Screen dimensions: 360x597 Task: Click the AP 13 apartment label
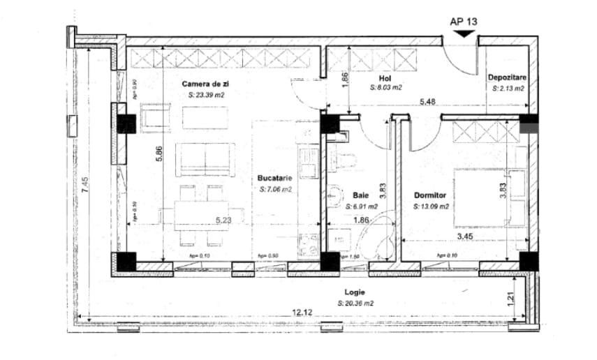click(x=464, y=21)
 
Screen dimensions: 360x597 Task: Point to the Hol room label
click(x=384, y=79)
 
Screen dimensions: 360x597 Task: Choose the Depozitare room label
click(x=507, y=79)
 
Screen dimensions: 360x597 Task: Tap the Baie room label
click(x=360, y=196)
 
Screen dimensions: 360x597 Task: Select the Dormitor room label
click(x=429, y=196)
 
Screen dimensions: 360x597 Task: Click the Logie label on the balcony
click(x=355, y=293)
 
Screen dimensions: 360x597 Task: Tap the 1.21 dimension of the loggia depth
click(x=510, y=299)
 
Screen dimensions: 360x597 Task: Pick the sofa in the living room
click(x=204, y=158)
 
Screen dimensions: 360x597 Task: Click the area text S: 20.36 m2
click(x=355, y=303)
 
